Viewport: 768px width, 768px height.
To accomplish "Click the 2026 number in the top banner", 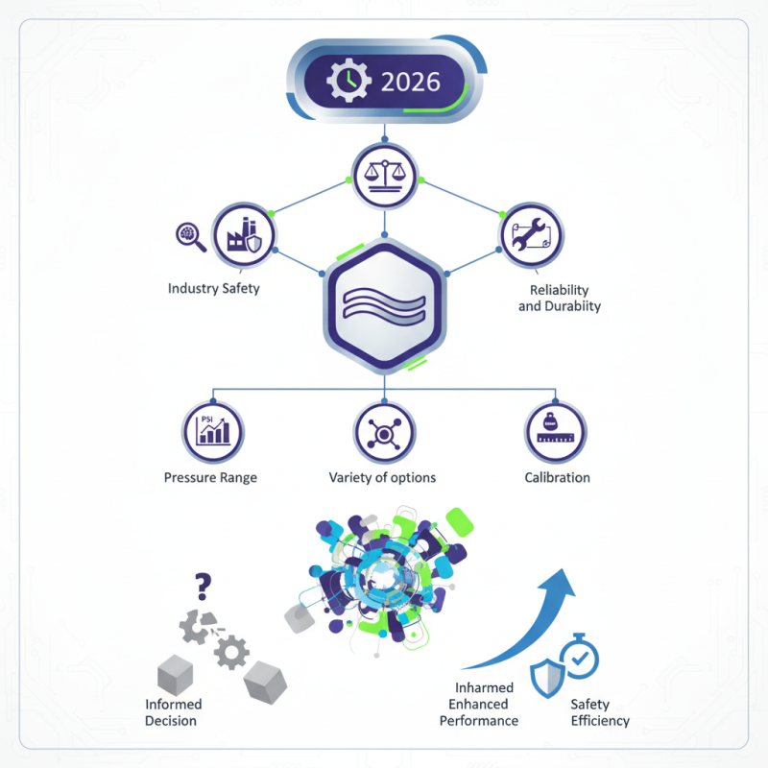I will tap(411, 81).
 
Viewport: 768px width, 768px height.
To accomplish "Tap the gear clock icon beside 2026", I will tap(346, 82).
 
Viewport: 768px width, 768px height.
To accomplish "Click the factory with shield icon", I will tap(243, 235).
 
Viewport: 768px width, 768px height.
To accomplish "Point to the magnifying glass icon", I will tap(191, 236).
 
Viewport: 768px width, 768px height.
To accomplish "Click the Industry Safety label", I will tap(213, 288).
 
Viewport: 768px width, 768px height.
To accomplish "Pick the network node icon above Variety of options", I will tap(384, 433).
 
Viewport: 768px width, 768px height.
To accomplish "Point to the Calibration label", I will tap(557, 477).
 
